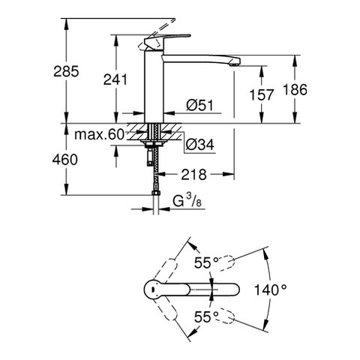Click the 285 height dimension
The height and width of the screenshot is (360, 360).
[66, 71]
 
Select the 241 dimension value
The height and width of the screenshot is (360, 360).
[115, 79]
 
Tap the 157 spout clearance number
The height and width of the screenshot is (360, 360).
[262, 94]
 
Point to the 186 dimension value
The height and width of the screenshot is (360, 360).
[295, 90]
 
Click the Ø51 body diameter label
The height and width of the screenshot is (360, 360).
[200, 105]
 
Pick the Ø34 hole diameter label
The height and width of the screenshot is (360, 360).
[200, 144]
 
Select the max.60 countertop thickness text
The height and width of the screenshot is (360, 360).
[99, 135]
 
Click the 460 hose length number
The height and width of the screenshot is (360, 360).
[65, 160]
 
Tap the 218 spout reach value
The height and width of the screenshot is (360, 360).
[194, 174]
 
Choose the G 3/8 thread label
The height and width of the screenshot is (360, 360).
[187, 201]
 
